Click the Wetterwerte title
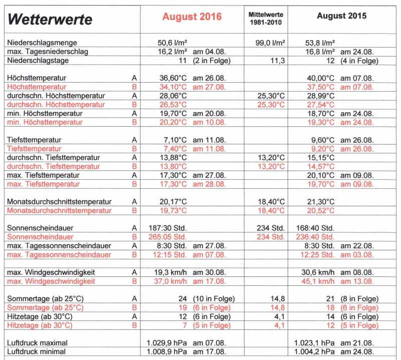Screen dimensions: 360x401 (x=51, y=20)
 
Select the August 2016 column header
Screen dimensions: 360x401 (x=191, y=17)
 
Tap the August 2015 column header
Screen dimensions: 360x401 (x=341, y=16)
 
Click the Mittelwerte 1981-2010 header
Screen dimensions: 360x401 (x=265, y=17)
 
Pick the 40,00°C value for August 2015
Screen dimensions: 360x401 (x=321, y=78)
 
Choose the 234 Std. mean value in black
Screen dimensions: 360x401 (x=270, y=228)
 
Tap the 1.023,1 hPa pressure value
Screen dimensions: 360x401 (x=315, y=342)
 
